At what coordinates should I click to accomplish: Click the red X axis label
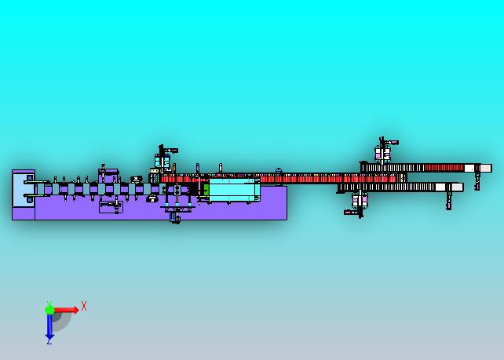[84, 306]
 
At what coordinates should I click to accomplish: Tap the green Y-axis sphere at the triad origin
[49, 310]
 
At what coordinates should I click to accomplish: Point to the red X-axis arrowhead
[75, 310]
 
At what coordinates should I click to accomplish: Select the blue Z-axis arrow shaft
[49, 325]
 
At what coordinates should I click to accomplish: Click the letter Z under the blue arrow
[49, 342]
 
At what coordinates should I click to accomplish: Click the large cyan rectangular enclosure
[234, 190]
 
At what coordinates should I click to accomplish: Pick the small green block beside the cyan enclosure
[206, 190]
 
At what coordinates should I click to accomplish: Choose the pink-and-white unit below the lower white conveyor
[360, 201]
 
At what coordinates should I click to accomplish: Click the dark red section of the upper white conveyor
[444, 168]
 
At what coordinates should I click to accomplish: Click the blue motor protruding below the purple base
[175, 218]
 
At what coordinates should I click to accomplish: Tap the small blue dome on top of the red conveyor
[279, 170]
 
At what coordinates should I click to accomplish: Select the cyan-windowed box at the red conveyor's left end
[163, 160]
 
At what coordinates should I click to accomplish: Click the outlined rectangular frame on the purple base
[111, 207]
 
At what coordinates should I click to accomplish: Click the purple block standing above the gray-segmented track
[108, 176]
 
